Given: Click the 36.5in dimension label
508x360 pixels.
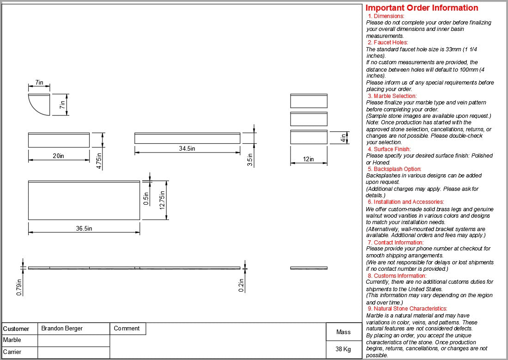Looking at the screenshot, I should click(x=84, y=228).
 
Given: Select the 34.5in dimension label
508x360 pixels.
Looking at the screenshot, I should click(x=187, y=148).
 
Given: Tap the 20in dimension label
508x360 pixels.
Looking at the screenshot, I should click(x=58, y=156).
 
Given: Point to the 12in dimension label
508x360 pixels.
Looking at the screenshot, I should click(x=308, y=159).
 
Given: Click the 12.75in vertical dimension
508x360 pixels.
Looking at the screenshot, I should click(x=162, y=200).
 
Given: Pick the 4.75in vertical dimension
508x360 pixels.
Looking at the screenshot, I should click(x=99, y=158).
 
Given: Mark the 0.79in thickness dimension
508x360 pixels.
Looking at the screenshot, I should click(x=19, y=287).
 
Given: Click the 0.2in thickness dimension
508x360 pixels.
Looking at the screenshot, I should click(x=241, y=286).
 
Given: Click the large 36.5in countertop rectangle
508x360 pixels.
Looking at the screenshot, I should click(x=84, y=201).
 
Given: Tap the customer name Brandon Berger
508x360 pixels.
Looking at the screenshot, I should click(x=62, y=329).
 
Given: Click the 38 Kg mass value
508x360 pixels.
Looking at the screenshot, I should click(x=343, y=349).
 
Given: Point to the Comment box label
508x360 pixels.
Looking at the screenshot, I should click(x=127, y=329).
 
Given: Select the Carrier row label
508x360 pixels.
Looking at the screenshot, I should click(x=12, y=352).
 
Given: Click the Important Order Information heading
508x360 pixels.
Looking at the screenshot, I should click(x=422, y=8).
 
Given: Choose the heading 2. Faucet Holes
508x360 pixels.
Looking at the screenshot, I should click(x=387, y=43).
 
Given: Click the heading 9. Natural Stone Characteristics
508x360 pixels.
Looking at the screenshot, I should click(x=407, y=309).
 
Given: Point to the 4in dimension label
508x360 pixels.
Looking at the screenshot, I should click(x=343, y=138).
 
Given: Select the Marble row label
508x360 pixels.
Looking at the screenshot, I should click(x=12, y=340).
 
